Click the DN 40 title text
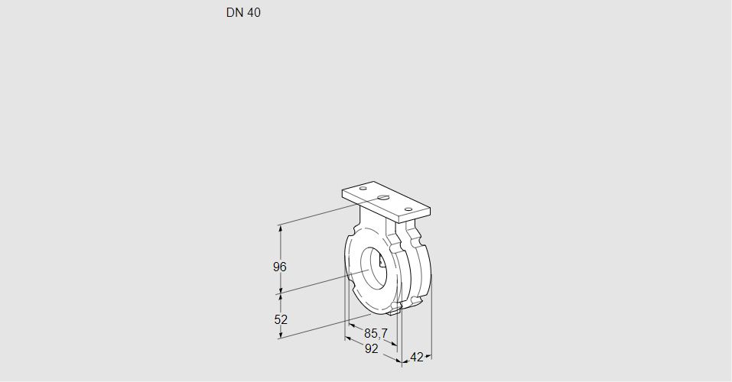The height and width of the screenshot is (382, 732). click(243, 13)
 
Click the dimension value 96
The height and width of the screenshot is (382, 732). click(280, 267)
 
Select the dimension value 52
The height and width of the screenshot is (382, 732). click(280, 319)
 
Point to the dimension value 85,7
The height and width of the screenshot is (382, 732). click(376, 334)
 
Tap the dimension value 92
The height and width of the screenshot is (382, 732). click(371, 348)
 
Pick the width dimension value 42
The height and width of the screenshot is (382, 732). click(417, 357)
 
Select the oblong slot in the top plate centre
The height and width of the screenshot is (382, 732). click(384, 199)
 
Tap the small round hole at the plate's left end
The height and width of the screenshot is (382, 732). click(363, 188)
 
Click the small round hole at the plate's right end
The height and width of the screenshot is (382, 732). click(408, 209)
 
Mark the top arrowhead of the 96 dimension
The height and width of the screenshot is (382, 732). click(281, 228)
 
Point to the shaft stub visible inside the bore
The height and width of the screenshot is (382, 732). click(382, 263)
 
